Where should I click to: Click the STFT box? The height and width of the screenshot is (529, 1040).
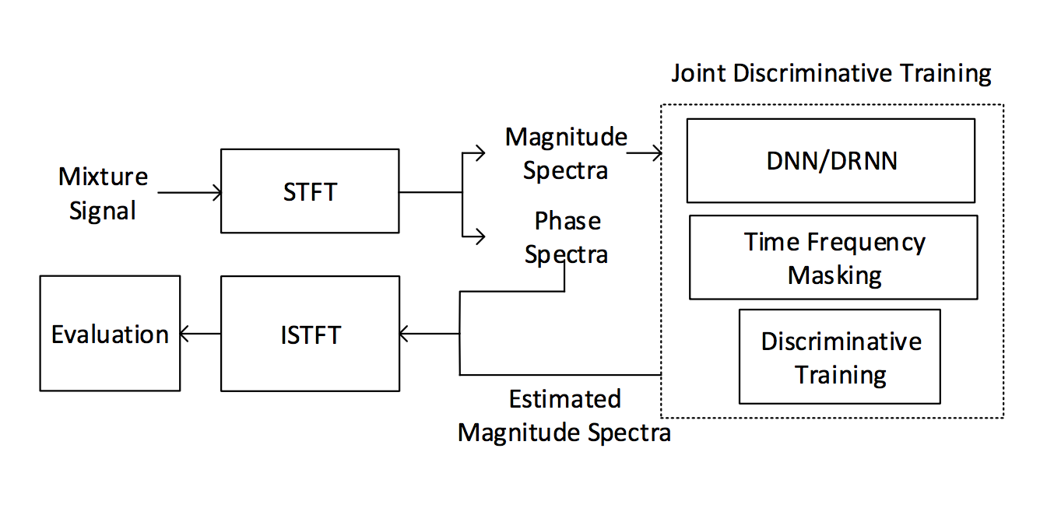[310, 191]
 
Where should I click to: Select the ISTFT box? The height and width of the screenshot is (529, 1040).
[310, 334]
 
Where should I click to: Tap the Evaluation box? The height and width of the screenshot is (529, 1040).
[110, 334]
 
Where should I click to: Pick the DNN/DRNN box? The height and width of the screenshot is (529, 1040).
[831, 160]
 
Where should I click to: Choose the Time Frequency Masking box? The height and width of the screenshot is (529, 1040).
[833, 257]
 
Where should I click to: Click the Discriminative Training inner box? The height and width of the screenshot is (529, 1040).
[839, 357]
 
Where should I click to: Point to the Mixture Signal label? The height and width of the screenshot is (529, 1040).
[103, 193]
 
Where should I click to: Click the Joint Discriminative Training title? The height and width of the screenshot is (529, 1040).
[831, 74]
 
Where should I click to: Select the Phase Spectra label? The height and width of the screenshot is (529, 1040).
[567, 237]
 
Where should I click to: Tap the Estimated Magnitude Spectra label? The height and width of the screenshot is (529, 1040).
[564, 415]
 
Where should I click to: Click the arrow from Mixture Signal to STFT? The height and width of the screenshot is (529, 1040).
[190, 192]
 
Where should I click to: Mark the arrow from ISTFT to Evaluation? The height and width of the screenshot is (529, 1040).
[200, 334]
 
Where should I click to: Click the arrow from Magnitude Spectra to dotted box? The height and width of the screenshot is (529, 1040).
[645, 153]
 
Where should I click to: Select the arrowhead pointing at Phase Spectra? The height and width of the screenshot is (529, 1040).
[482, 236]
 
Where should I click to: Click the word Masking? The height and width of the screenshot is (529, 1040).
[834, 275]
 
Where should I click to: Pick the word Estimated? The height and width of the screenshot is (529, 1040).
[564, 399]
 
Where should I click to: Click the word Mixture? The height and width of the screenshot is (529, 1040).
[103, 177]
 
